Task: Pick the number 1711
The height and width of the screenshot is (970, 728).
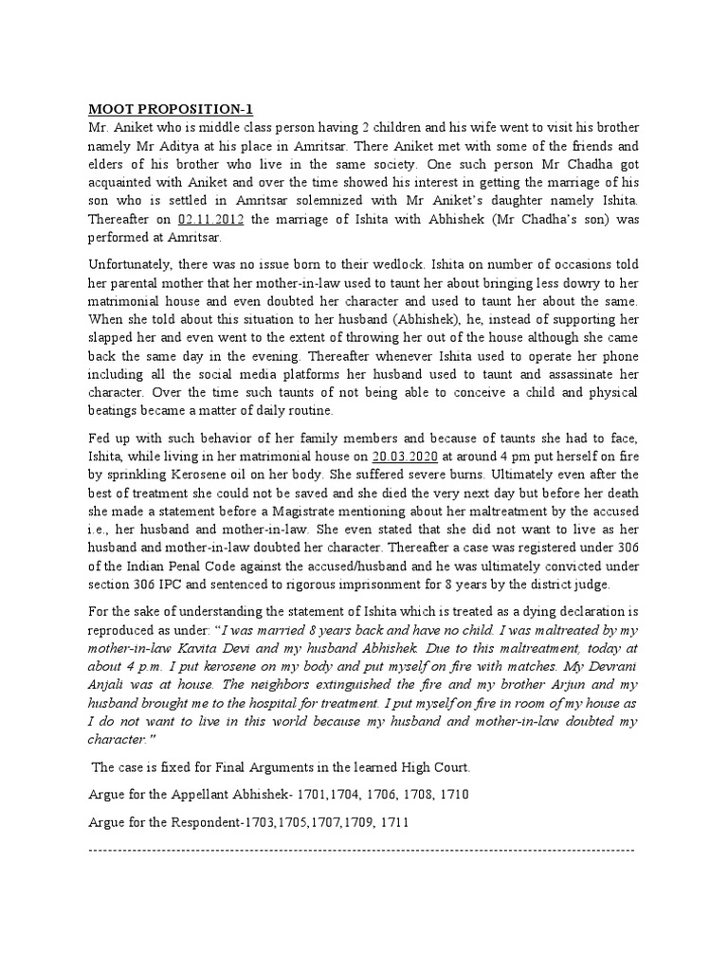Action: [391, 849]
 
